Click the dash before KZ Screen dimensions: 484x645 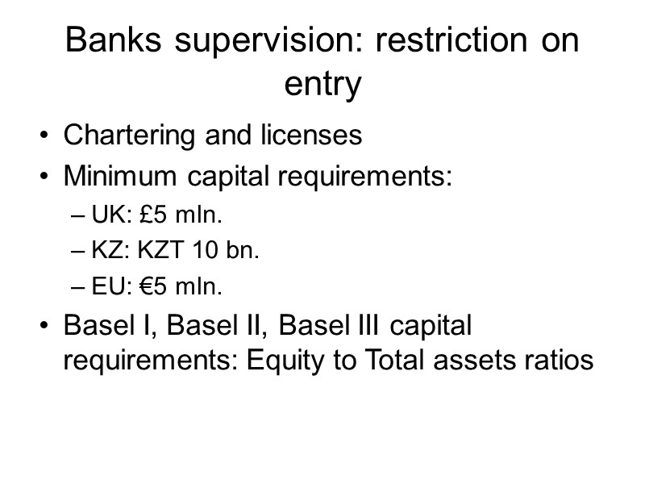coord(77,252)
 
